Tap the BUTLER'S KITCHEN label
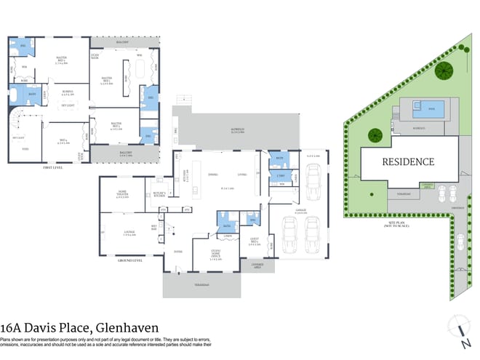coord(159,194)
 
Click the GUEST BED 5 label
coord(254,243)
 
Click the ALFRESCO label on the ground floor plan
coord(237,131)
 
